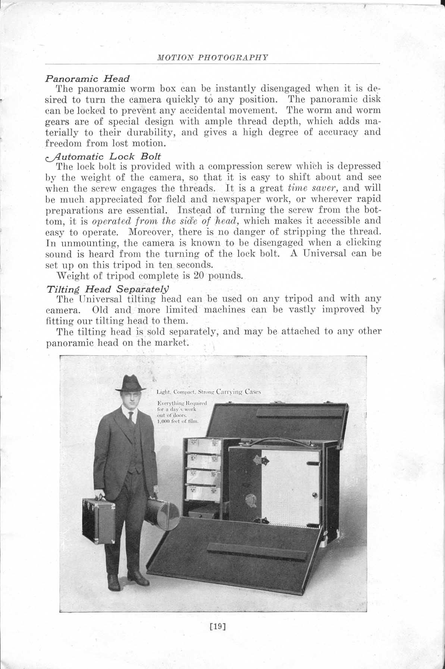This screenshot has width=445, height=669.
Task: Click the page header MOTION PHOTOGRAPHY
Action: pyautogui.click(x=213, y=57)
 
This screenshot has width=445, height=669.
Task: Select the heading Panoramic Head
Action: pyautogui.click(x=87, y=79)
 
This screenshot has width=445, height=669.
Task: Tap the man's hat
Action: pyautogui.click(x=130, y=384)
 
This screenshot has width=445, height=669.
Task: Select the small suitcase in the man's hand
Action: pyautogui.click(x=99, y=520)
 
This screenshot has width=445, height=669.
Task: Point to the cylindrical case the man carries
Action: pyautogui.click(x=161, y=512)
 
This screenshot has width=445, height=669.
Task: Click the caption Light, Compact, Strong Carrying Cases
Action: pyautogui.click(x=208, y=392)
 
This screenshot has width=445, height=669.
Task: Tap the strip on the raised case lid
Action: pyautogui.click(x=299, y=412)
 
